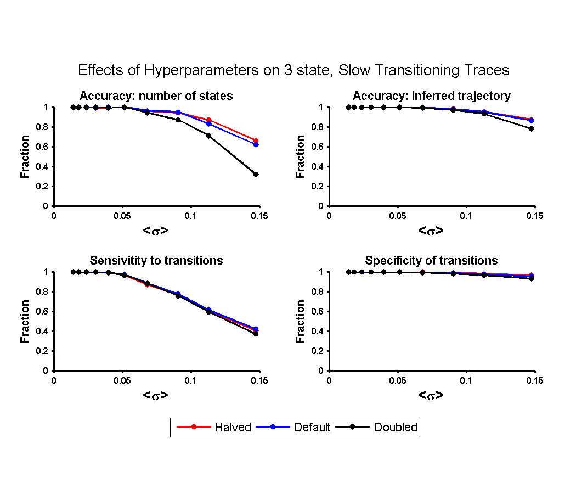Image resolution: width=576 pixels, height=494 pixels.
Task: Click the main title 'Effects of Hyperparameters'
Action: [x=168, y=70]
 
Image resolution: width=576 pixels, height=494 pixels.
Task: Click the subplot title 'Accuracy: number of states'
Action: [x=156, y=96]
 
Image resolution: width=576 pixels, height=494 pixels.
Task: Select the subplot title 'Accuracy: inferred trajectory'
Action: [x=432, y=96]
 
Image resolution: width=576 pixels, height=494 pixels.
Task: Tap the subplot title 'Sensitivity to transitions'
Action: [x=156, y=260]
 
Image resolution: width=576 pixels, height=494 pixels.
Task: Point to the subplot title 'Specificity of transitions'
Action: [x=431, y=260]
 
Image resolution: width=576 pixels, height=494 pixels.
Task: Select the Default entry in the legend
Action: [x=293, y=427]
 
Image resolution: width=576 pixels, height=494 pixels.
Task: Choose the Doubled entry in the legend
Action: [x=376, y=427]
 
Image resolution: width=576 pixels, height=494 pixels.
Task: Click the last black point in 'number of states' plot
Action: [x=256, y=174]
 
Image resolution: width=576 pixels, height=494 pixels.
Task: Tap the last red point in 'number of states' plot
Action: [x=256, y=141]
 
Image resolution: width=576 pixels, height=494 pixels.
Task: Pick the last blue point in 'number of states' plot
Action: [x=256, y=144]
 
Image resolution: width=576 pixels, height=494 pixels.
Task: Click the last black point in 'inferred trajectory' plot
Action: [x=531, y=128]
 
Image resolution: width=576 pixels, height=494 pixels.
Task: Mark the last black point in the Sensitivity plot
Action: [x=256, y=334]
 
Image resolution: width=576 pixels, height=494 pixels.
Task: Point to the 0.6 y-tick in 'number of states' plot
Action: [x=42, y=147]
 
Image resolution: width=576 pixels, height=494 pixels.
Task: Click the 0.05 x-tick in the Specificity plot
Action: [x=398, y=381]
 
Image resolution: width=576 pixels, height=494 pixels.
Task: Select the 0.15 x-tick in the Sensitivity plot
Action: [x=259, y=381]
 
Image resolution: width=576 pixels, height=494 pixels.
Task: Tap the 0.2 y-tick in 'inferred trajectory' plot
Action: [x=317, y=187]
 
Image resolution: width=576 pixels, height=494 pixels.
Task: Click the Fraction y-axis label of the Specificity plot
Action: [x=300, y=321]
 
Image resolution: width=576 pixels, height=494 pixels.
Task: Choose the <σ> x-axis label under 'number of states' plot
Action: [x=155, y=231]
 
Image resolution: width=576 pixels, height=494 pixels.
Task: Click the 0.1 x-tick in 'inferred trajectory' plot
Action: [x=466, y=216]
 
